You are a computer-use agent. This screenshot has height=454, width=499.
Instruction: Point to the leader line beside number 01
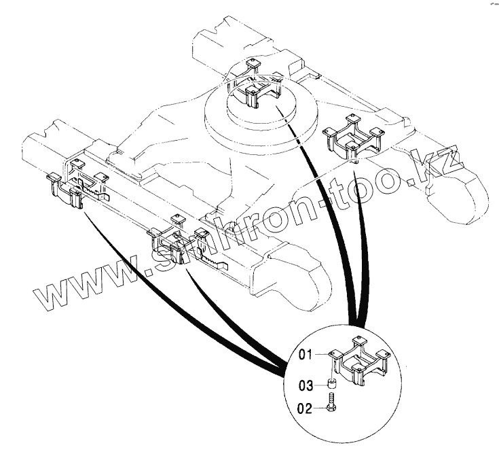click(323, 354)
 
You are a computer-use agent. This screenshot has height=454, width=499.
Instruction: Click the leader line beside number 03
click(320, 385)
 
